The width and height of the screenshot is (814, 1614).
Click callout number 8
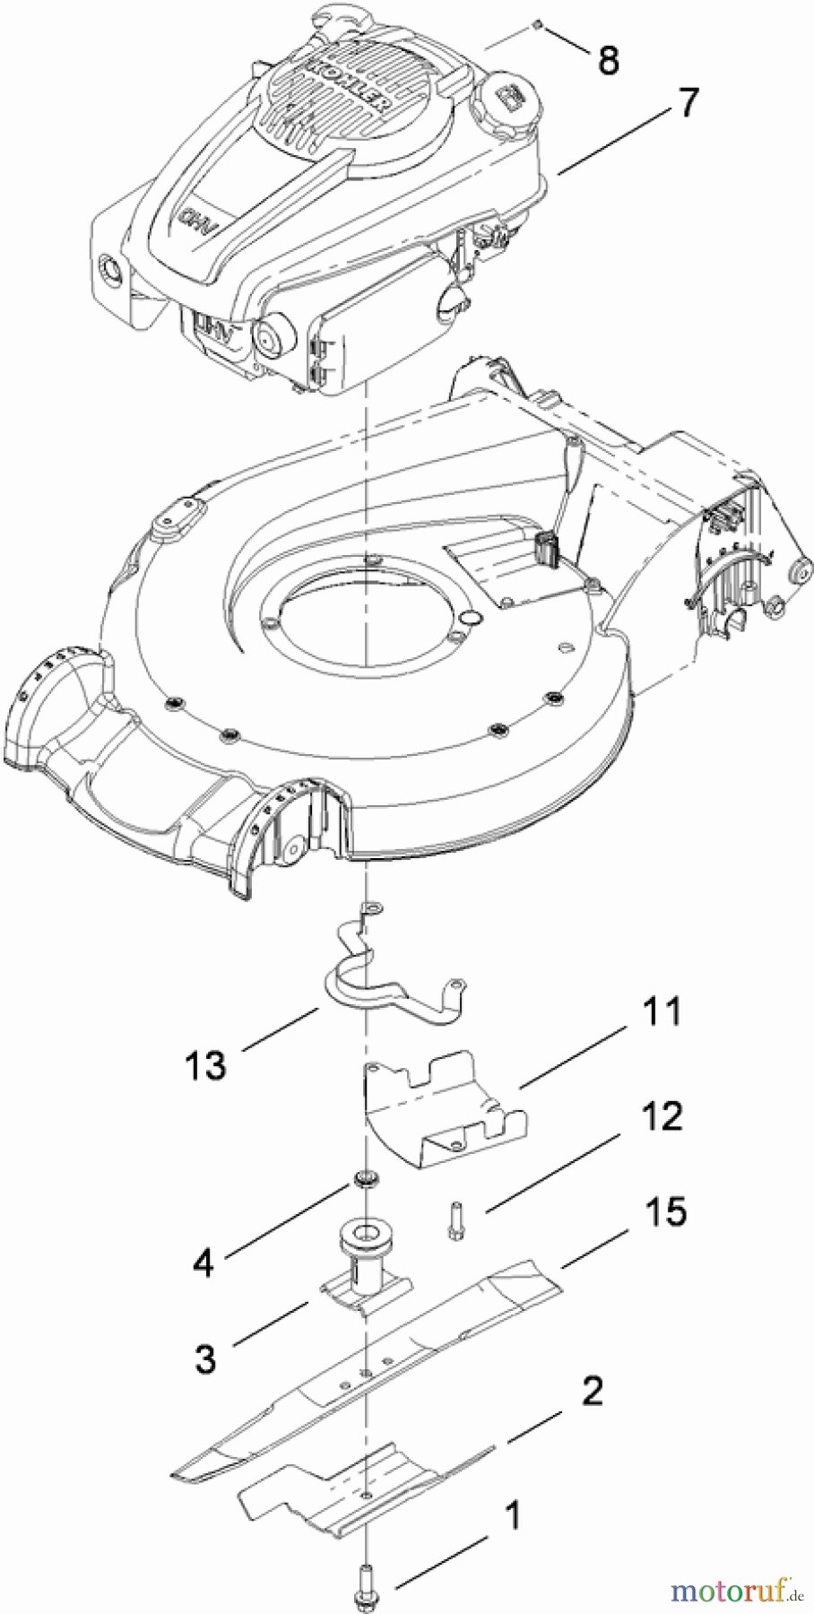pos(609,60)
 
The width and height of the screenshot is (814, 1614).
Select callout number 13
pos(205,1066)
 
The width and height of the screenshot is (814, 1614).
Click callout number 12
pos(662,1116)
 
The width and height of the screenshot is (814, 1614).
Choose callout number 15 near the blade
pos(664,1211)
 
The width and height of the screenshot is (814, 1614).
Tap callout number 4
pos(204,1263)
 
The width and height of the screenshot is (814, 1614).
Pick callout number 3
pos(205,1358)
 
